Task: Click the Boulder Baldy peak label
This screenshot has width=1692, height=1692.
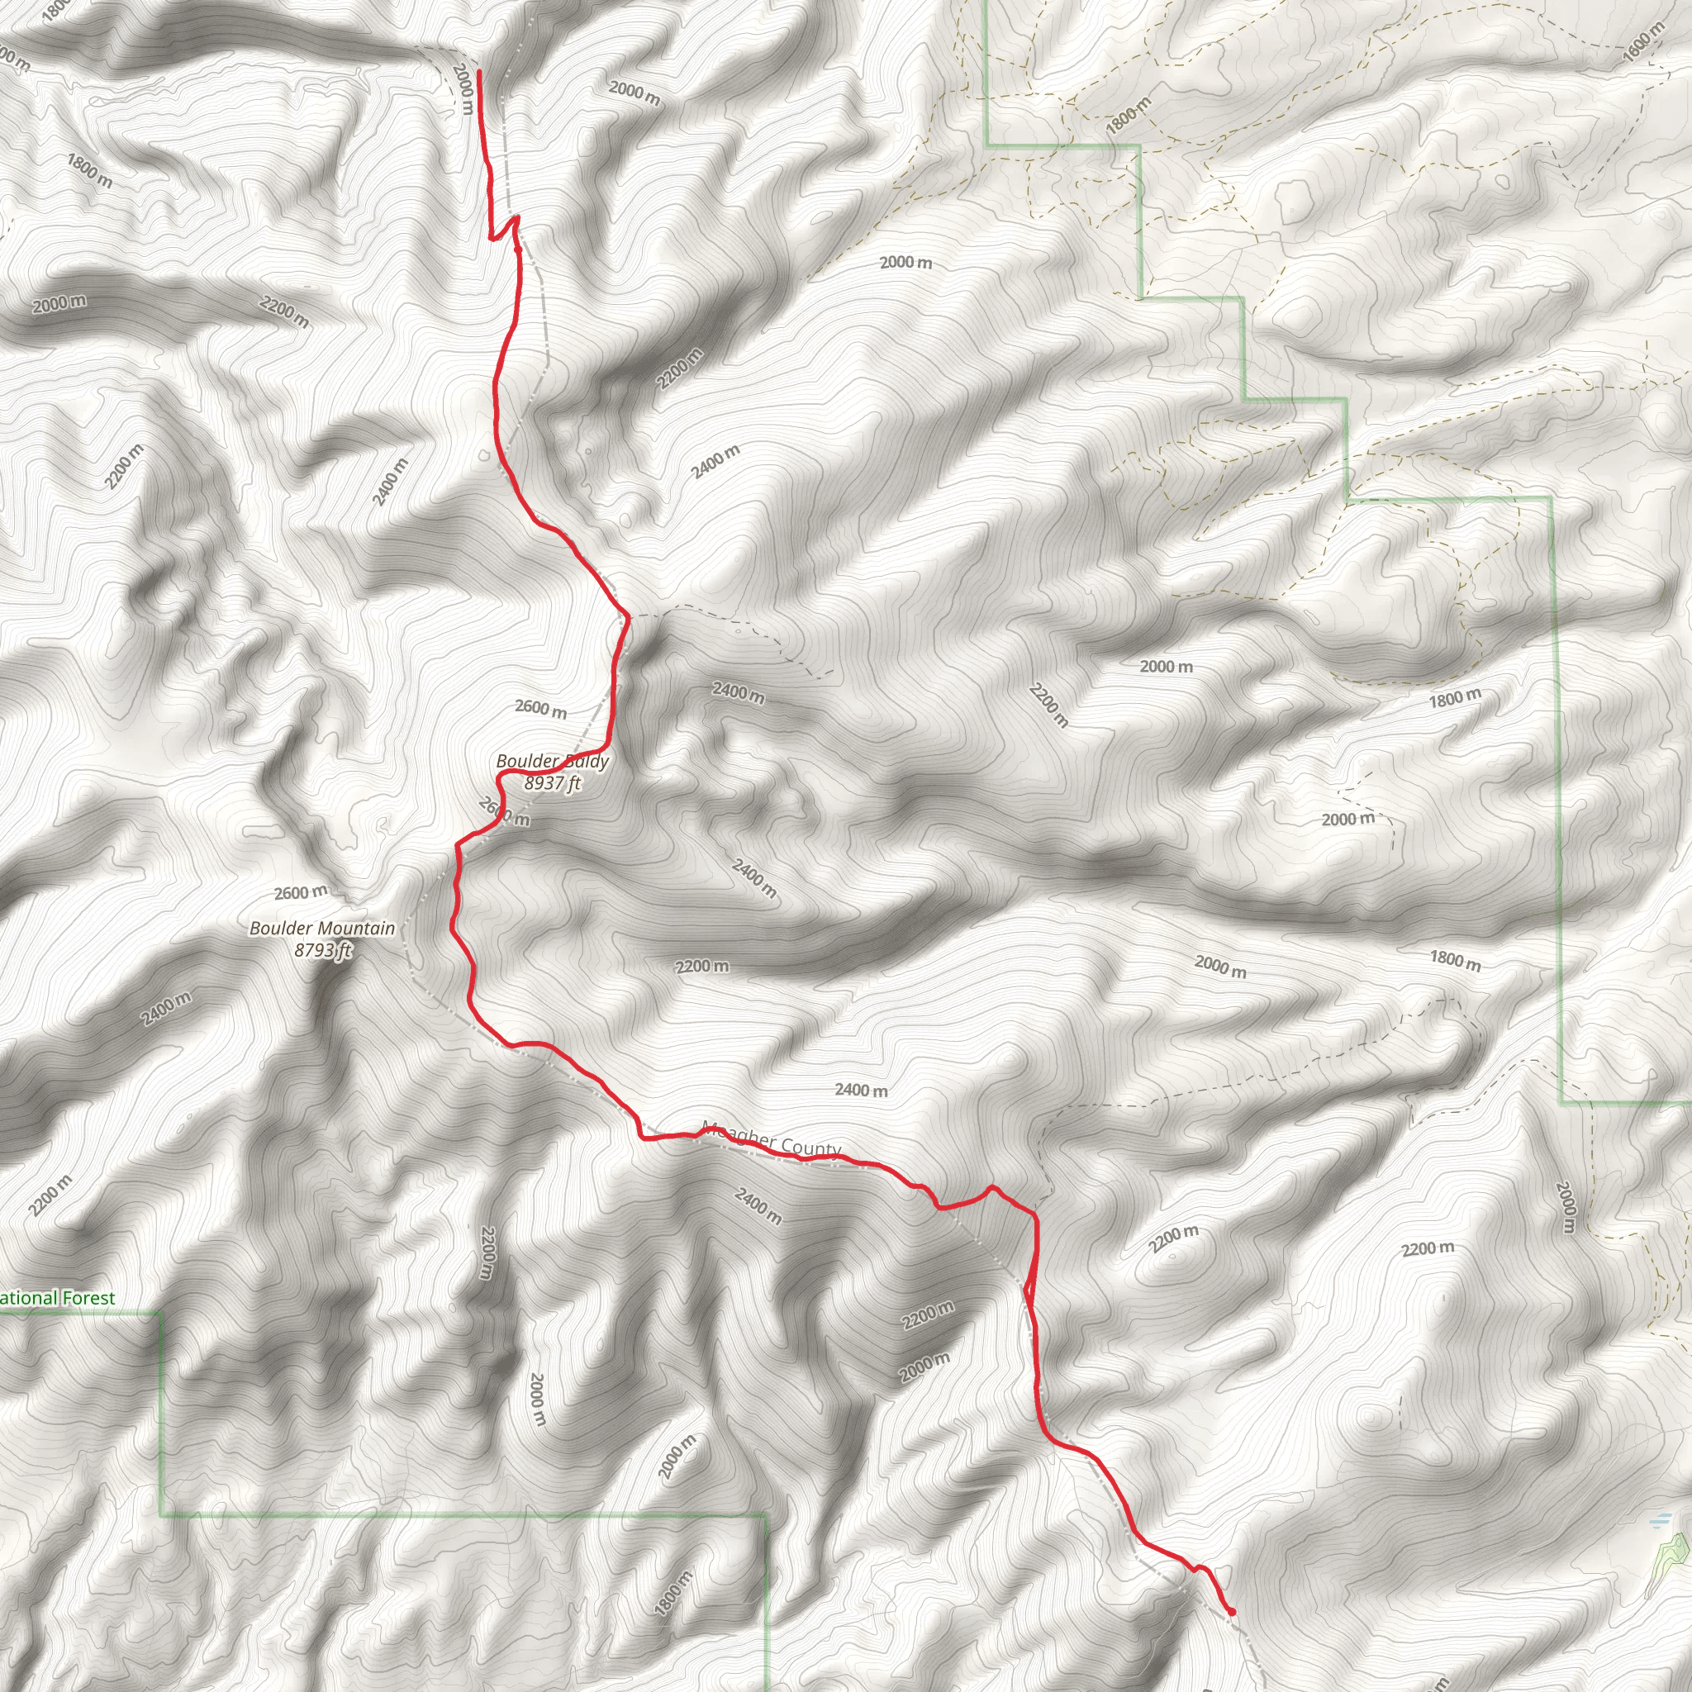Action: (552, 761)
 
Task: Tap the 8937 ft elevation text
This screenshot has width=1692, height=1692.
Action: (552, 783)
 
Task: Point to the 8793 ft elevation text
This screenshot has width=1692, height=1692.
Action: (323, 950)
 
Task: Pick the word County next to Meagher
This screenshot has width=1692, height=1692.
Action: (808, 1147)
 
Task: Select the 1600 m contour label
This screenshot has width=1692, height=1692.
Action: (1642, 41)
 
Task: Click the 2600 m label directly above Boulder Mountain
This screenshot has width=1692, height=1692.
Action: (301, 892)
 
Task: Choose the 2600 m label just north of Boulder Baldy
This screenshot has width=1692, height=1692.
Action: (540, 708)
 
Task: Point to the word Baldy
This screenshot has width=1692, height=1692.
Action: (584, 761)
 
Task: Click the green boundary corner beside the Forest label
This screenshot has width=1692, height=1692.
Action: (160, 1313)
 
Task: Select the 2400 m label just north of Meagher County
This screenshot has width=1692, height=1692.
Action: (860, 1091)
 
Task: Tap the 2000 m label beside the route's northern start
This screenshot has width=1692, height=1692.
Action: (465, 88)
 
